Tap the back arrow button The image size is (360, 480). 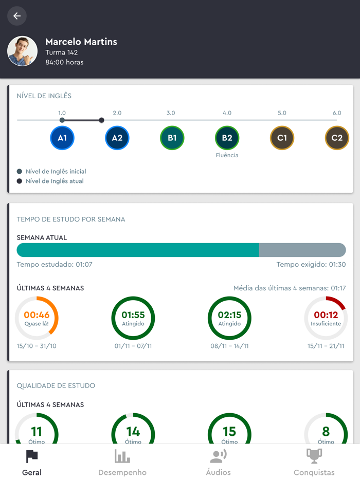click(17, 16)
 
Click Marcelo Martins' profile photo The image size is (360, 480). click(22, 51)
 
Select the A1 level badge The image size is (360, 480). click(62, 138)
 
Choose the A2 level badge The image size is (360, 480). click(117, 138)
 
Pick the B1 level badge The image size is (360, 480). click(172, 138)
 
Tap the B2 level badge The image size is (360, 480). click(227, 138)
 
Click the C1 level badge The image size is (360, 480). click(282, 138)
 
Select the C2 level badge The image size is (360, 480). click(337, 138)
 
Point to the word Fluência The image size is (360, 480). click(227, 155)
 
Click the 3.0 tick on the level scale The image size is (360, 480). click(171, 113)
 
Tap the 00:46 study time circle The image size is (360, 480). click(37, 318)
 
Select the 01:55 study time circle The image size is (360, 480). click(133, 318)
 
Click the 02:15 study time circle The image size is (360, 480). click(229, 318)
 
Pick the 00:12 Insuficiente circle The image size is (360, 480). click(326, 318)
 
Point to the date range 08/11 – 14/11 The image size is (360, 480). click(229, 346)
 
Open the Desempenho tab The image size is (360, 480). click(122, 463)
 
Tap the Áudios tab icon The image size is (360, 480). click(219, 456)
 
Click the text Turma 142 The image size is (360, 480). click(62, 52)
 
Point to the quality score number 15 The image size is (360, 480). click(229, 432)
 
